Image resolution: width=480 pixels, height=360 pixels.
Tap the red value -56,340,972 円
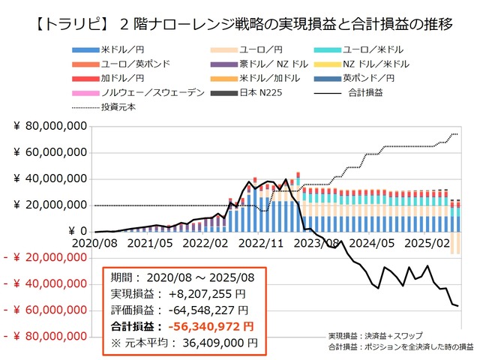pos(211,326)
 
